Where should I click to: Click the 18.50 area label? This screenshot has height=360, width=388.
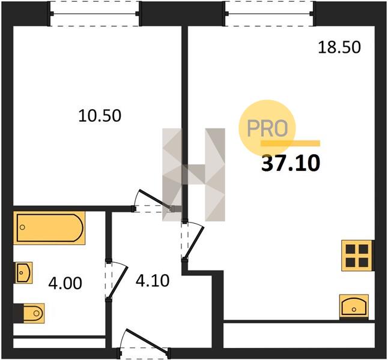[x=339, y=47]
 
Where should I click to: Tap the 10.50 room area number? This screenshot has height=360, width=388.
[x=100, y=116]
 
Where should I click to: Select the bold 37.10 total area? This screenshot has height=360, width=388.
[x=291, y=163]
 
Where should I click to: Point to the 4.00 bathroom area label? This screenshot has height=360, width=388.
[x=65, y=283]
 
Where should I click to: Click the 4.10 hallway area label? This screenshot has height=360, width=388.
[x=153, y=280]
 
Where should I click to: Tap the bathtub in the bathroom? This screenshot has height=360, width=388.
[x=49, y=228]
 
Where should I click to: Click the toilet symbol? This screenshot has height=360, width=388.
[x=34, y=313]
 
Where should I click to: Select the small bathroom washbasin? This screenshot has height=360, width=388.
[x=24, y=273]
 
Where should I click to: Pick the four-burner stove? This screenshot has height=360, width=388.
[x=357, y=256]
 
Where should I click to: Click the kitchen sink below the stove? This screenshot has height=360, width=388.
[x=354, y=307]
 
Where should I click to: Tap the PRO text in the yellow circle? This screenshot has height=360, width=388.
[x=267, y=128]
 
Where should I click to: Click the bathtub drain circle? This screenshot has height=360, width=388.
[x=22, y=227]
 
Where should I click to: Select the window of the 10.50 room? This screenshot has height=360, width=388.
[x=95, y=14]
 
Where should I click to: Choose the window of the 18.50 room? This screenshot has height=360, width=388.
[x=270, y=14]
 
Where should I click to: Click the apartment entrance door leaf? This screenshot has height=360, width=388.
[x=148, y=340]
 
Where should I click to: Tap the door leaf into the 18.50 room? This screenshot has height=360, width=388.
[x=194, y=243]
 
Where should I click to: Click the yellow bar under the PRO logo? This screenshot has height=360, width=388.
[x=291, y=143]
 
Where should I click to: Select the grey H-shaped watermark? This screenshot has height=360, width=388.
[x=193, y=175]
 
